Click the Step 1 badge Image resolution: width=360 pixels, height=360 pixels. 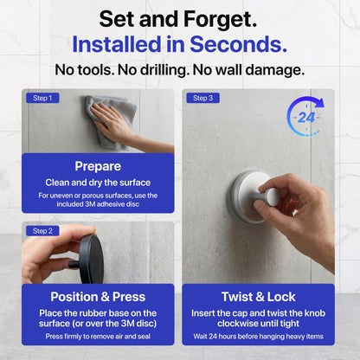[42, 98]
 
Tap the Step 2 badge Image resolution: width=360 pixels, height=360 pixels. [42, 231]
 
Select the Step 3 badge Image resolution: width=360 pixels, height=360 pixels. [203, 98]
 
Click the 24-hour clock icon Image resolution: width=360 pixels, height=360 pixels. [305, 117]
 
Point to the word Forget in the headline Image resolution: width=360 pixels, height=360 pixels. [220, 19]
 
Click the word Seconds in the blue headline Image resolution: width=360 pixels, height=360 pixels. [238, 44]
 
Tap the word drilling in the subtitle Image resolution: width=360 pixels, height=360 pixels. [164, 70]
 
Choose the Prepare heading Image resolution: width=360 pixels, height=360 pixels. [98, 166]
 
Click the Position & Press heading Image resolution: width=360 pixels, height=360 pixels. [98, 297]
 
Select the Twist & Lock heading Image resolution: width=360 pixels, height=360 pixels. [259, 297]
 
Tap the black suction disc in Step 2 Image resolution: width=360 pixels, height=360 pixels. [92, 259]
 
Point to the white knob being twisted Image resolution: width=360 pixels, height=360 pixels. [267, 196]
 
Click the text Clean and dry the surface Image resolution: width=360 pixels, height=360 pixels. [98, 183]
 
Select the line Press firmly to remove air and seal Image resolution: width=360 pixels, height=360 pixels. [98, 337]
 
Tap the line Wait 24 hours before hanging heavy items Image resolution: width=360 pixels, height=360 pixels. [259, 337]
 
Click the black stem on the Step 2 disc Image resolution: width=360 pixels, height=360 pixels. [74, 264]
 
